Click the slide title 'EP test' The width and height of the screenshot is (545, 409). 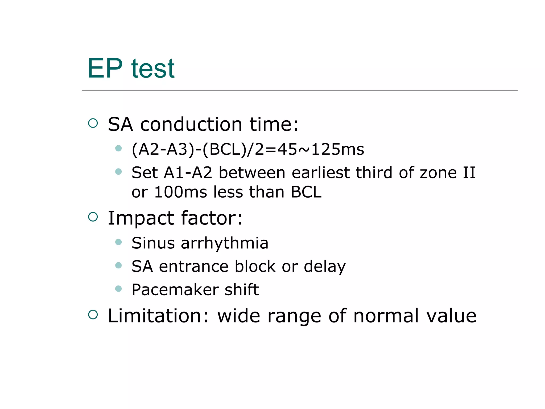pyautogui.click(x=131, y=69)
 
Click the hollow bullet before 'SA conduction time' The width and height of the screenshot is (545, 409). pyautogui.click(x=93, y=123)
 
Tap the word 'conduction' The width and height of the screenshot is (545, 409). pyautogui.click(x=191, y=124)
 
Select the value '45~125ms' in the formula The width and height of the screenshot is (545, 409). pyautogui.click(x=320, y=149)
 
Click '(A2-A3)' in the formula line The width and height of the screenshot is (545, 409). pyautogui.click(x=163, y=149)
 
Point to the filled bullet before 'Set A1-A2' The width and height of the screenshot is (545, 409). pyautogui.click(x=118, y=171)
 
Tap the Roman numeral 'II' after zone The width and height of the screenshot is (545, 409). pyautogui.click(x=469, y=173)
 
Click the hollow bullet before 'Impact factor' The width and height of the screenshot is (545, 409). pyautogui.click(x=93, y=217)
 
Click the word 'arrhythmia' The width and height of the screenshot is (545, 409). pyautogui.click(x=224, y=243)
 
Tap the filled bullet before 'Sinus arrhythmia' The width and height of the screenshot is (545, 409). pyautogui.click(x=118, y=242)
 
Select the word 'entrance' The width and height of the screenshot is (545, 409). pyautogui.click(x=193, y=267)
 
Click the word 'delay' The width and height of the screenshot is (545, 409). pyautogui.click(x=324, y=267)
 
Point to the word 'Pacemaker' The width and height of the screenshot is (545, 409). pyautogui.click(x=175, y=290)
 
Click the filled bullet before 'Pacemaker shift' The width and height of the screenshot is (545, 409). pyautogui.click(x=118, y=289)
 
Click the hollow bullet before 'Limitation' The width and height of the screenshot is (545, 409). pyautogui.click(x=93, y=314)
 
